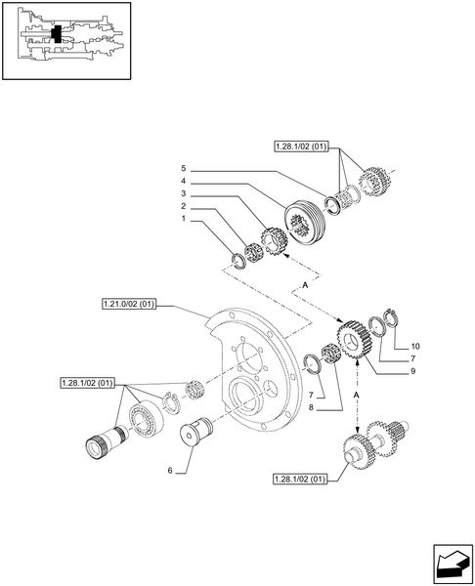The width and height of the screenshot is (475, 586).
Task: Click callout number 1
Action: [x=183, y=221]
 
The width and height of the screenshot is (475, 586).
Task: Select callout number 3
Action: [x=183, y=193]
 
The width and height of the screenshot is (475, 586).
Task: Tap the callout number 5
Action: [x=183, y=167]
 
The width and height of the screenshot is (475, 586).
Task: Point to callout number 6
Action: [x=170, y=471]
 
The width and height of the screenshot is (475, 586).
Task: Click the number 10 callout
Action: [x=414, y=347]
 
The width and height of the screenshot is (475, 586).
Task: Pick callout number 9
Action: [x=414, y=371]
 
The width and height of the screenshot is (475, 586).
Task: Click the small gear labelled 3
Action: [x=275, y=240]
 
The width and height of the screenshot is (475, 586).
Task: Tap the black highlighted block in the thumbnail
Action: [x=58, y=33]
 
